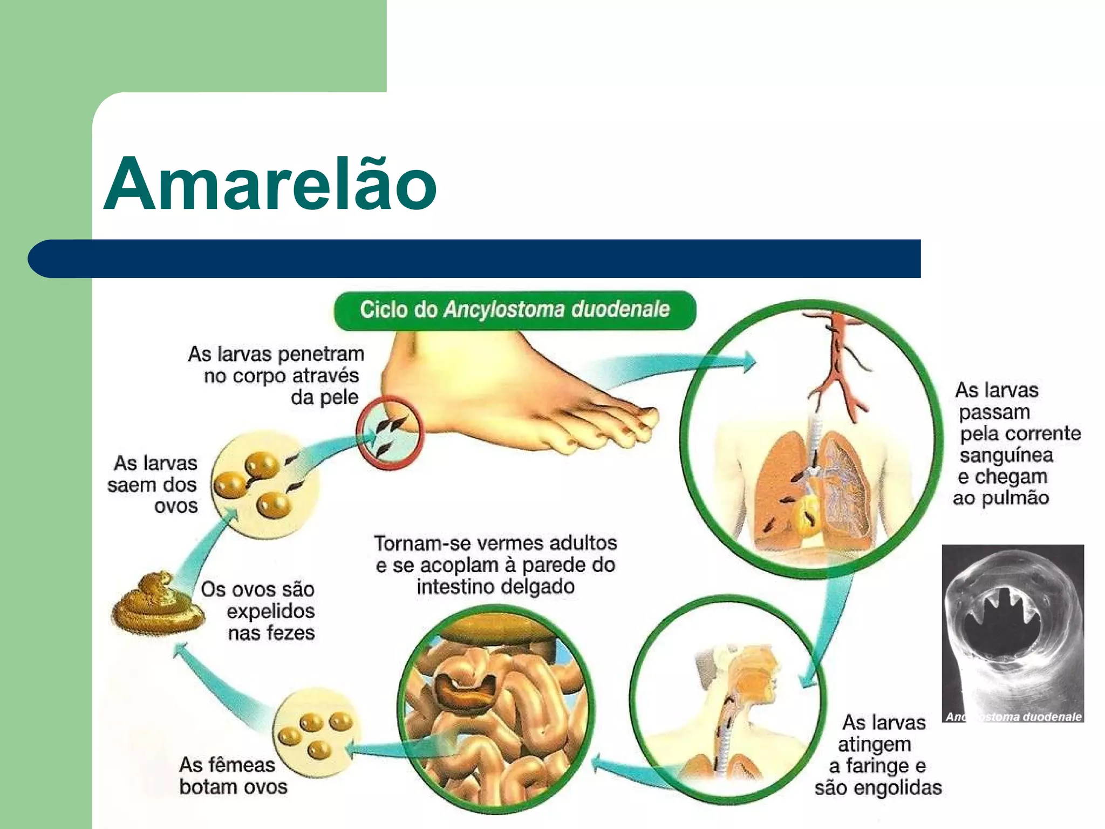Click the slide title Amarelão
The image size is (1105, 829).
pos(270,184)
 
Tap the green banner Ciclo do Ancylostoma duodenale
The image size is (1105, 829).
pos(515,310)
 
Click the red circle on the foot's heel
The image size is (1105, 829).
pos(390,433)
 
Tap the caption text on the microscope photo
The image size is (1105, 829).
pos(1013,717)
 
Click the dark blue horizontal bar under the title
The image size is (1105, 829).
pos(475,259)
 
